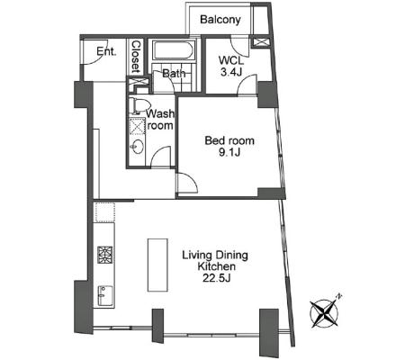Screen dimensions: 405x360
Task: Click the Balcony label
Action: coord(220,20)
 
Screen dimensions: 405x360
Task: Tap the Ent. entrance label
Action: coord(106,51)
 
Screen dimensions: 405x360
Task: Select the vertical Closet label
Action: coord(136,57)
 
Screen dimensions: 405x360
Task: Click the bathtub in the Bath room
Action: coord(174,49)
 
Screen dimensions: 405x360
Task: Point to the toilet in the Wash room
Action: coord(139,105)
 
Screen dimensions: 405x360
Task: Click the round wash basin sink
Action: coord(137,147)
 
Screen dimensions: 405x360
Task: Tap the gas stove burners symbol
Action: coord(105,255)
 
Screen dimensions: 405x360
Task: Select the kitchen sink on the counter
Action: coord(105,295)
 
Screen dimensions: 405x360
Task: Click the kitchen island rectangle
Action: coord(157,265)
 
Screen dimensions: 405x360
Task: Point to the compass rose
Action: coord(325,312)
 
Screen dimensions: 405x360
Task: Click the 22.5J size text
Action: coord(216,278)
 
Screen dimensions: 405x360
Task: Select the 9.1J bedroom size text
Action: coord(229,153)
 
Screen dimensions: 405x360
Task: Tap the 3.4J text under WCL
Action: coord(231,72)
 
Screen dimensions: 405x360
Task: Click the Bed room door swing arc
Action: coord(188,182)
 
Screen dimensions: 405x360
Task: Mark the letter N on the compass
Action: coord(338,297)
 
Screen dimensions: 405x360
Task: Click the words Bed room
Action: coord(229,140)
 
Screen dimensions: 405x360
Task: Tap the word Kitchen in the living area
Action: coord(216,266)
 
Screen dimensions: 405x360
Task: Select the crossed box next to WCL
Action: coord(260,42)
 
